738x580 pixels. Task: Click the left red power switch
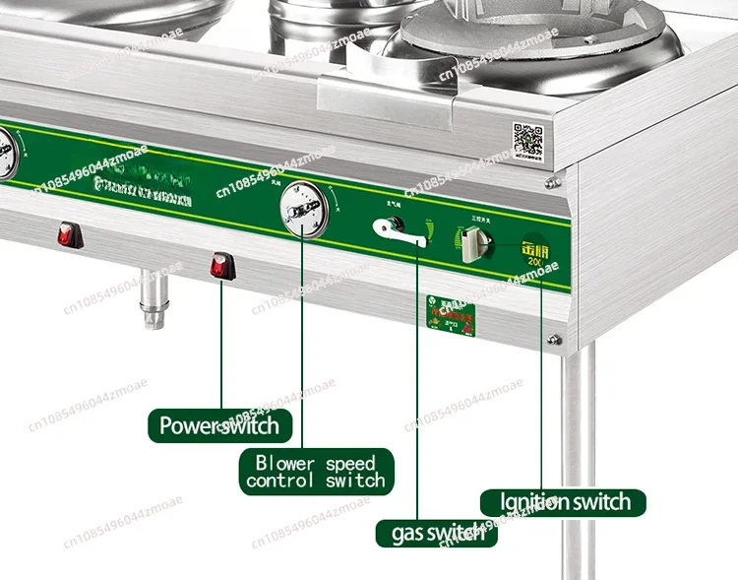click(67, 235)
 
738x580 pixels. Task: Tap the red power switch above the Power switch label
click(221, 264)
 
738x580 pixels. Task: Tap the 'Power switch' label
click(219, 426)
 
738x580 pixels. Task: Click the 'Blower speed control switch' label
click(315, 472)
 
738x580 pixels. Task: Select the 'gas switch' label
click(432, 533)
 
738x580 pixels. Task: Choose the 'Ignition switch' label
click(565, 502)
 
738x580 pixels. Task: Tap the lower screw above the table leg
click(555, 340)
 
